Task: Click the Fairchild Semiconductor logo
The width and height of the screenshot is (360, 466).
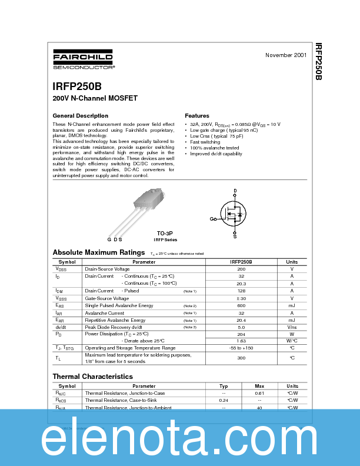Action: tap(83, 60)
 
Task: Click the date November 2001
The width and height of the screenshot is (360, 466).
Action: tap(285, 55)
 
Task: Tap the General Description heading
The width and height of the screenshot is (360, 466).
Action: tap(81, 116)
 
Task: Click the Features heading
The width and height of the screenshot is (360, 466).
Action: tap(197, 116)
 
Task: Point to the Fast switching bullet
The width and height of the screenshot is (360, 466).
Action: tap(205, 142)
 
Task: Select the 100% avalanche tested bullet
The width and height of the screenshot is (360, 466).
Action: tap(215, 148)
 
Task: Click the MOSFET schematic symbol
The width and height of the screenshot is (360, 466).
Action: tap(234, 214)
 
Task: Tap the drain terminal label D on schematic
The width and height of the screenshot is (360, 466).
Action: tap(235, 191)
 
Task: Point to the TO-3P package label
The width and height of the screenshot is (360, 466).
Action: tap(165, 233)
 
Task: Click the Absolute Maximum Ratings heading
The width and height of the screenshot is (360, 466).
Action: tap(99, 252)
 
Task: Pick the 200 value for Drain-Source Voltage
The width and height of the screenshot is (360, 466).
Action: tap(241, 269)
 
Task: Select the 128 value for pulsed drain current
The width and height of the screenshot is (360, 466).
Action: tap(241, 291)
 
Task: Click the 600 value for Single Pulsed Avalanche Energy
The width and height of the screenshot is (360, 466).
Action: tap(241, 305)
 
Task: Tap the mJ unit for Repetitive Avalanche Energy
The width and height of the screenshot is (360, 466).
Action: tap(292, 319)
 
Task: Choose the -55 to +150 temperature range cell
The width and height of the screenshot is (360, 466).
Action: tap(241, 348)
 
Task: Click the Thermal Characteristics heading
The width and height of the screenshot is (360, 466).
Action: tap(93, 377)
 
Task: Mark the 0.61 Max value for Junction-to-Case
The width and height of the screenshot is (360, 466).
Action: tap(259, 393)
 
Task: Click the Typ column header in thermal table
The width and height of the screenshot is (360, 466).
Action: tap(224, 386)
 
